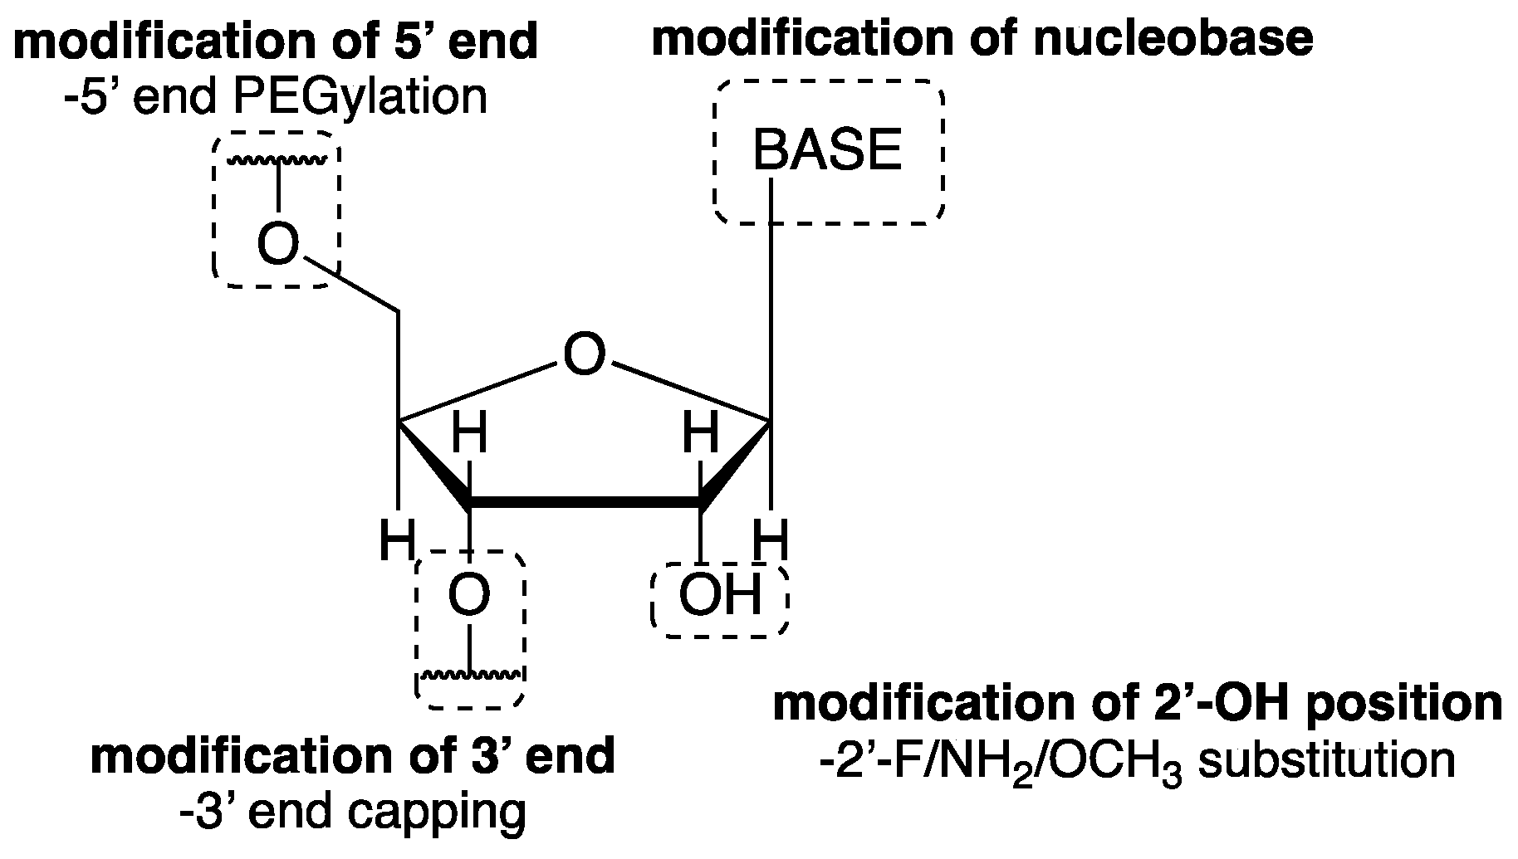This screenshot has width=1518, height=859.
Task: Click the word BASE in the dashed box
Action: point(826,151)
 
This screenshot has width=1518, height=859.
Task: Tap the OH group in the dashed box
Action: point(719,595)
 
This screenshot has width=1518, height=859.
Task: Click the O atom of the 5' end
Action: point(277,244)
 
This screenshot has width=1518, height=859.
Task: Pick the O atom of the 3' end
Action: point(469,595)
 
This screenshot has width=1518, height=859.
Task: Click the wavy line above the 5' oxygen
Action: point(277,159)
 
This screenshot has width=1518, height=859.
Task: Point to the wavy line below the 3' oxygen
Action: point(471,675)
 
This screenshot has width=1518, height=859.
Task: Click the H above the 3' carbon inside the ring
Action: point(469,434)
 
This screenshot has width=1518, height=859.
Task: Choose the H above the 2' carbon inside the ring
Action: point(700,434)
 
